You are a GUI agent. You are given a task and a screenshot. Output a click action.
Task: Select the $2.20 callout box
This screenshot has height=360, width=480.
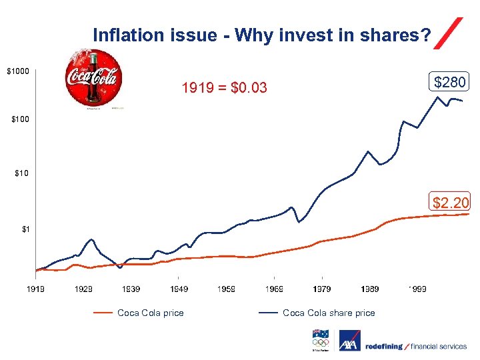click(x=451, y=201)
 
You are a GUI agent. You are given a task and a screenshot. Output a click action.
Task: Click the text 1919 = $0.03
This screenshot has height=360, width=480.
click(x=225, y=87)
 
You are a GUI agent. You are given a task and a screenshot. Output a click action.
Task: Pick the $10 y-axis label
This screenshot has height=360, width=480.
click(x=22, y=174)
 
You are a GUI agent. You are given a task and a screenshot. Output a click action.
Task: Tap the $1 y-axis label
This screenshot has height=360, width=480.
click(x=25, y=229)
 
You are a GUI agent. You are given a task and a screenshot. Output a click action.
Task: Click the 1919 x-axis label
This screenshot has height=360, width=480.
click(x=35, y=289)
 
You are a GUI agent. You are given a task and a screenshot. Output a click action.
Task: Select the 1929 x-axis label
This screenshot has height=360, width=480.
click(x=83, y=289)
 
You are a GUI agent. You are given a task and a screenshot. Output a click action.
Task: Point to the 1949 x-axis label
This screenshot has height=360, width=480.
click(x=179, y=289)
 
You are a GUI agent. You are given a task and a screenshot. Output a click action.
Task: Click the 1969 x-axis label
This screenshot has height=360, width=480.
click(x=274, y=289)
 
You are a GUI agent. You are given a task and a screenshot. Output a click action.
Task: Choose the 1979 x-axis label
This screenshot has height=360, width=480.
click(x=322, y=289)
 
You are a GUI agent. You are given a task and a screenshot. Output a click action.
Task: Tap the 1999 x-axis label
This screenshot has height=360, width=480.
click(x=417, y=289)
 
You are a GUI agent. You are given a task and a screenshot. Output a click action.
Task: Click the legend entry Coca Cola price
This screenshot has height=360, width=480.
click(x=150, y=313)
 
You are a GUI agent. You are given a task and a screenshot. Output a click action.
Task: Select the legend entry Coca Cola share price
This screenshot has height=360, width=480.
click(x=329, y=313)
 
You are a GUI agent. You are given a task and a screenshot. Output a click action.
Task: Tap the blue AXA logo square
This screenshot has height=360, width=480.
click(x=348, y=343)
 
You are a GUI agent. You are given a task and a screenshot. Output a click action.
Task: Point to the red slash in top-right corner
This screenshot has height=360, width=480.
click(x=448, y=33)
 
